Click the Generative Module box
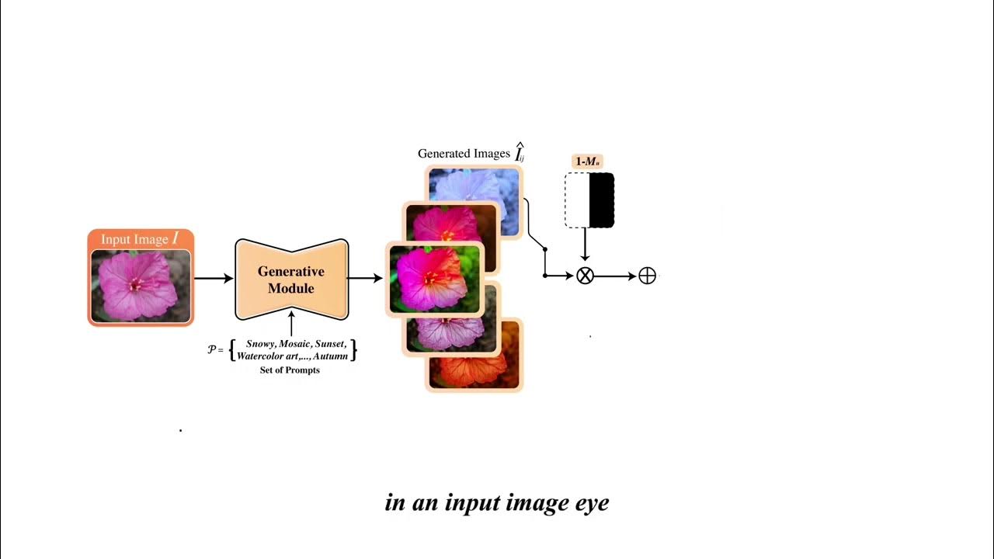[291, 279]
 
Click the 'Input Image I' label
[140, 239]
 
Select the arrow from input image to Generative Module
[214, 277]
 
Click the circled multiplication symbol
[585, 276]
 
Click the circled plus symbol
[647, 276]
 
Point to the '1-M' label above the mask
[588, 161]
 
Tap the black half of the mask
[602, 200]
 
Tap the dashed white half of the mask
[577, 200]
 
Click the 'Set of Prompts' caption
[290, 370]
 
